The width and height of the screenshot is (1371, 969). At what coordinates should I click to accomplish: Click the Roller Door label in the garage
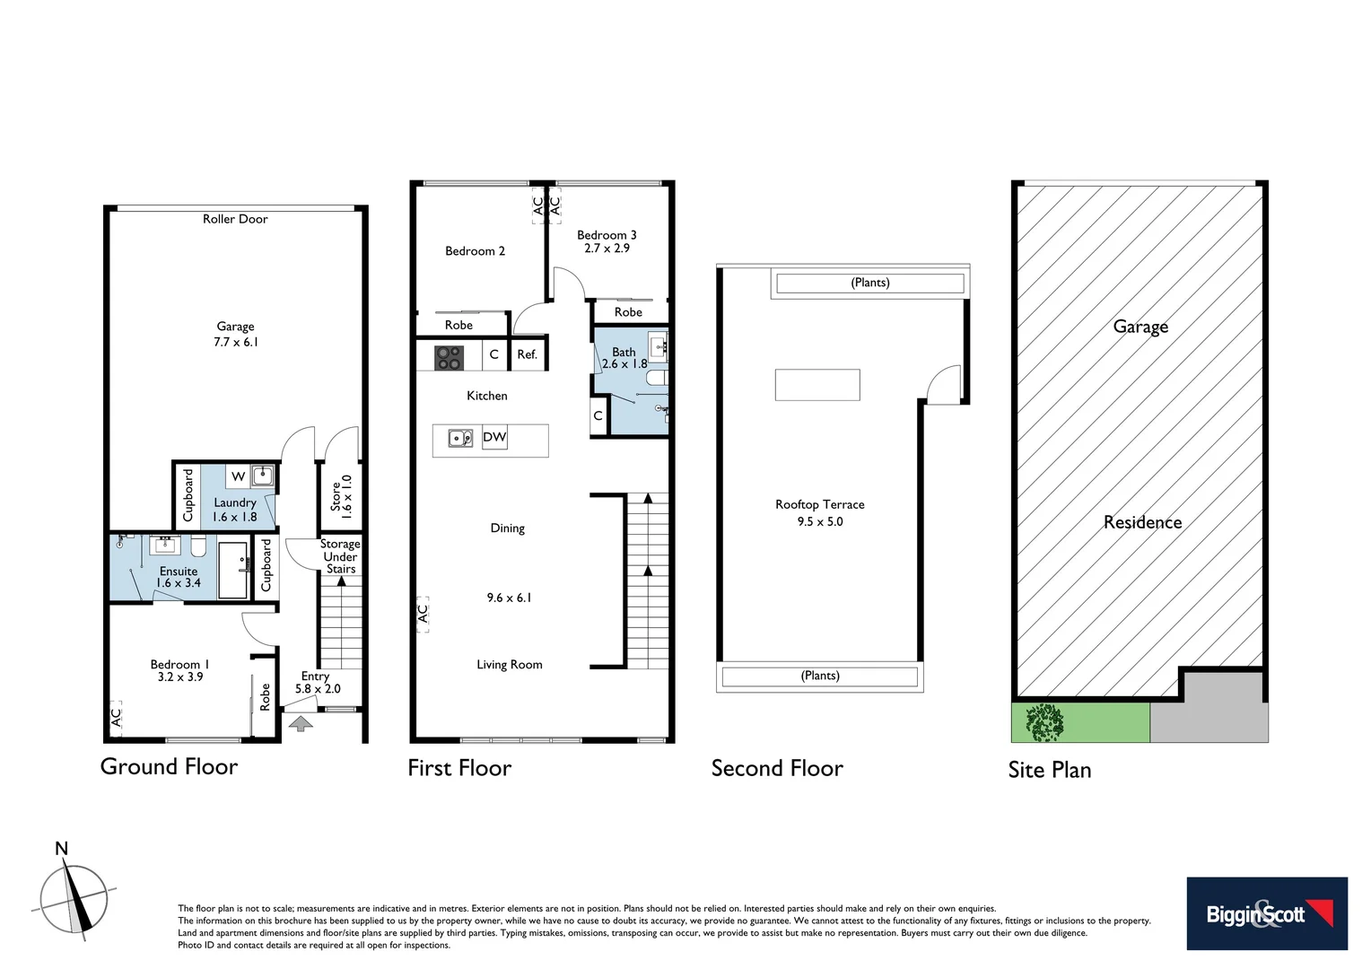coord(235,219)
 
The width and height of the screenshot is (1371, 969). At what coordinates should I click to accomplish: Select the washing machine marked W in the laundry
coord(238,476)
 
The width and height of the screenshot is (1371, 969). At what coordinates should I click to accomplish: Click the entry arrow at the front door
coord(301,723)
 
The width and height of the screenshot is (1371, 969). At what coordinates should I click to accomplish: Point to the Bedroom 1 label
coord(179,665)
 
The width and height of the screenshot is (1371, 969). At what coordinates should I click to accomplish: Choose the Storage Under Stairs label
coord(340,556)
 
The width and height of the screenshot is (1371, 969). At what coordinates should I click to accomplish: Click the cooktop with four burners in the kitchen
coord(449,357)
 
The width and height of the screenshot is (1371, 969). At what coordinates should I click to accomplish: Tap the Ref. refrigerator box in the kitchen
coord(528,354)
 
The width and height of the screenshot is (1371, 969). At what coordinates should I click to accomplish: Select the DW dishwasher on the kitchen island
coord(494,438)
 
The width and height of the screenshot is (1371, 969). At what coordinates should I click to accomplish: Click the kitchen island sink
coord(460,439)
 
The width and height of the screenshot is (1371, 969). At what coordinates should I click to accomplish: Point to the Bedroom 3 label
coord(607,235)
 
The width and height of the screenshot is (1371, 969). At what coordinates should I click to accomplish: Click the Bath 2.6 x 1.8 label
coord(624,358)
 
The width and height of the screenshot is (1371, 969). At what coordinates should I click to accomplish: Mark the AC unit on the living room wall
coord(423,614)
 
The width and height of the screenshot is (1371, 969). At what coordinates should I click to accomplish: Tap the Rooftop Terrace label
coord(820,505)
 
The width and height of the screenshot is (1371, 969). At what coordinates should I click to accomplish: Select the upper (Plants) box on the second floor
coord(869,284)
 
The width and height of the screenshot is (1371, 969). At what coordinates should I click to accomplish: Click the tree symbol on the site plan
coord(1044,722)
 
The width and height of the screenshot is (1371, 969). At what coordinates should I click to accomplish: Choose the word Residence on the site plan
coord(1142,522)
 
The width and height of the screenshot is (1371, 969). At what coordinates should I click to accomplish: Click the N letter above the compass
coord(61,849)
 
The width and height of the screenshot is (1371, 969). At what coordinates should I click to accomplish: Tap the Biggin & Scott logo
coord(1266,913)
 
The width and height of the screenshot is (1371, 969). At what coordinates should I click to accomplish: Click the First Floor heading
coord(459,768)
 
